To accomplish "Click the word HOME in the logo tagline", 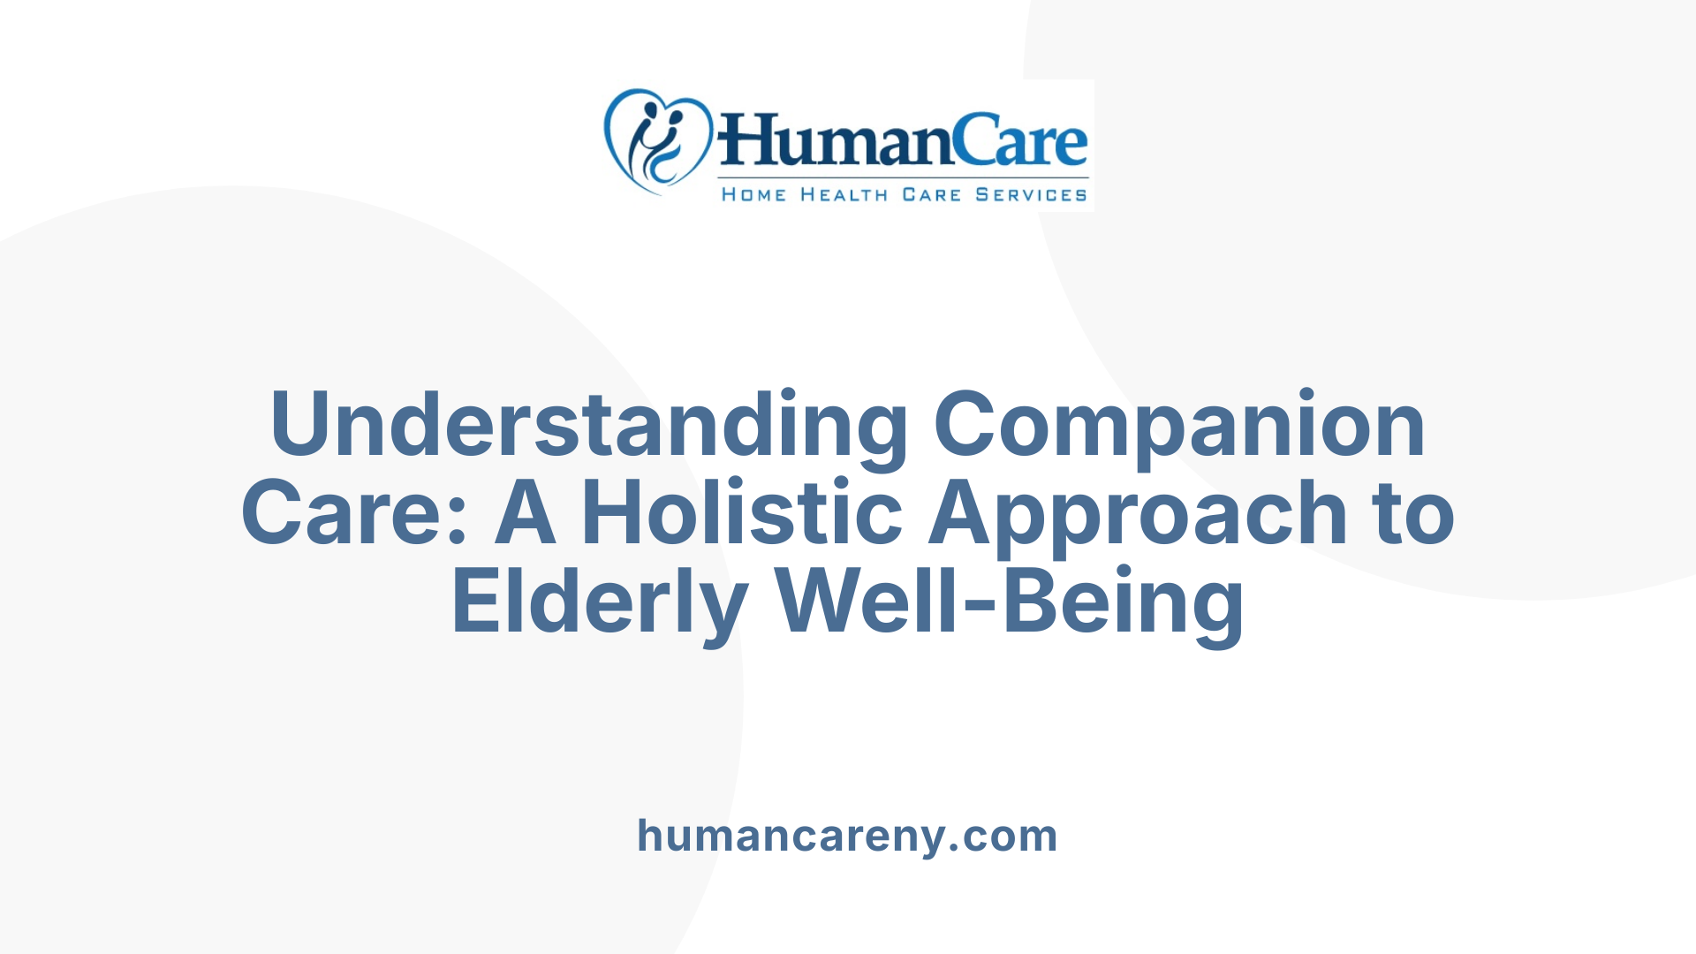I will pos(753,195).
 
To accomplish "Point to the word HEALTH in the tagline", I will pos(844,195).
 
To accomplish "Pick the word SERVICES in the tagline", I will pos(1031,195).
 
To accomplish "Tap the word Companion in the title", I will pos(1179,425).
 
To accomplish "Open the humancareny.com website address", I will pos(847,836).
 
